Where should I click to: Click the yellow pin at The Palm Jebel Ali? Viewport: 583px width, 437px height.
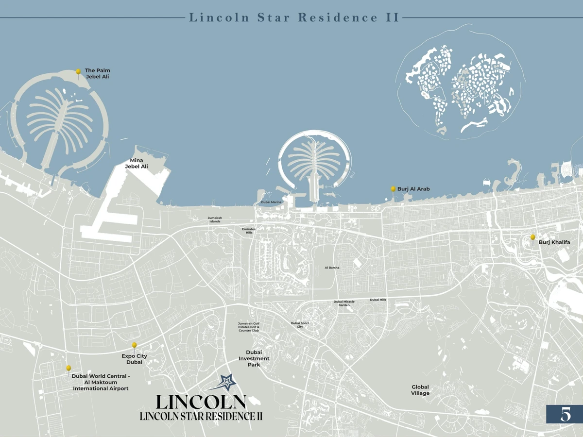coord(78,72)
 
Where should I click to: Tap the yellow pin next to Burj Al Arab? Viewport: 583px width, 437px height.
coord(393,189)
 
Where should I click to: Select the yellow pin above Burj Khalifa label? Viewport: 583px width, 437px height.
coord(532,237)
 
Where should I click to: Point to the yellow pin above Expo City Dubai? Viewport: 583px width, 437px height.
coord(134,345)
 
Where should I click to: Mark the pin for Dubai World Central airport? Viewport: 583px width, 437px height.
coord(69,368)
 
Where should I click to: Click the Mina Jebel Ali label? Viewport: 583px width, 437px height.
coord(136,164)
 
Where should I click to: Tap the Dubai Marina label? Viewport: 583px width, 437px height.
coord(271,202)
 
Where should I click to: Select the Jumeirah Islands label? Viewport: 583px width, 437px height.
coord(215,220)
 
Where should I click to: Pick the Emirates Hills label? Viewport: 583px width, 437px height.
coord(249,231)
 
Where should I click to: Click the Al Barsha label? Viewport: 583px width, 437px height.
coord(332,268)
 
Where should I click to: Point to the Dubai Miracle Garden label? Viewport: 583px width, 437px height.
coord(344,303)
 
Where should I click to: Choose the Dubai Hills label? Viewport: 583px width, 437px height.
coord(378,300)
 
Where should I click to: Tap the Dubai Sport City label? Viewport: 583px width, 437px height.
coord(300,325)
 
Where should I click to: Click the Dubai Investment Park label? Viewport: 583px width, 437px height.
coord(254,358)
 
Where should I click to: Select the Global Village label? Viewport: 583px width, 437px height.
coord(420,390)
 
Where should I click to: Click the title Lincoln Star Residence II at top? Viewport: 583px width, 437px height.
coord(294,18)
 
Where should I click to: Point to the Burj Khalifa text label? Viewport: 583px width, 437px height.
coord(554,242)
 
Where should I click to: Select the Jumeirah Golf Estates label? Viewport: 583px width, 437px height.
coord(249,327)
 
